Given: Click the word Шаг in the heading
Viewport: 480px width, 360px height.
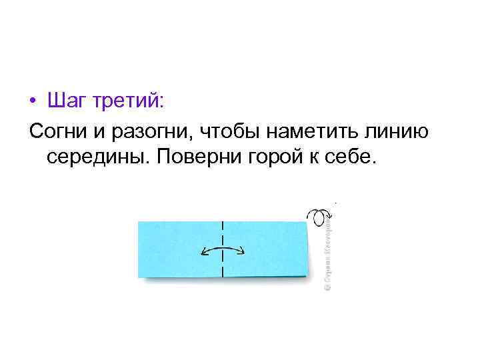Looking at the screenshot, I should (67, 102).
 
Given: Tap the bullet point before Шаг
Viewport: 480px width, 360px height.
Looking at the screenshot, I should (33, 103).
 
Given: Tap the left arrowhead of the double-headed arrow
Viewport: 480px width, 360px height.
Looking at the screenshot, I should (202, 252).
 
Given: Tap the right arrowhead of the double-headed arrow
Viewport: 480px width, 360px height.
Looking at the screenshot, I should (243, 252).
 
